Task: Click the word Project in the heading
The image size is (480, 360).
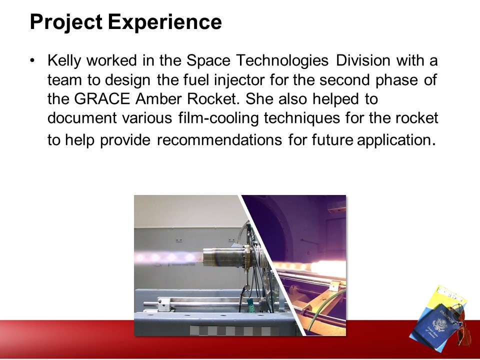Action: click(x=66, y=22)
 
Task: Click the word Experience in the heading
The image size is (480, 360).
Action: click(x=164, y=22)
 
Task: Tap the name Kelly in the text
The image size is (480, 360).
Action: click(x=64, y=60)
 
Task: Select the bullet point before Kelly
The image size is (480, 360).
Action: click(x=32, y=60)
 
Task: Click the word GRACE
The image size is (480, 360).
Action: click(x=102, y=99)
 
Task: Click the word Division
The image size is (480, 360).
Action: click(x=363, y=60)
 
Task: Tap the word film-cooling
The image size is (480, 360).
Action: click(x=218, y=118)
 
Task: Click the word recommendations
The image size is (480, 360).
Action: click(x=219, y=140)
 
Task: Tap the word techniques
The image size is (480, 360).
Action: click(x=302, y=118)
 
